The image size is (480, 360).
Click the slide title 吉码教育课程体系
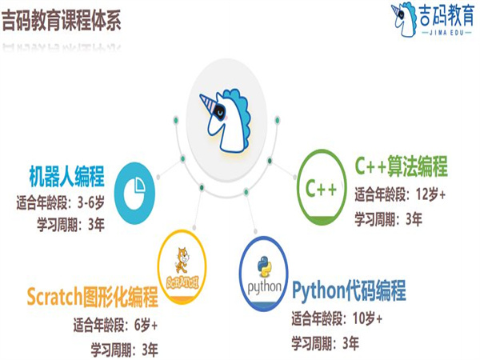click(x=62, y=20)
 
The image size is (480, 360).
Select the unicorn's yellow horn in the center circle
click(x=211, y=102)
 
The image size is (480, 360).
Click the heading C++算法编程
click(x=401, y=168)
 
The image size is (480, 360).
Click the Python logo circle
click(x=266, y=277)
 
